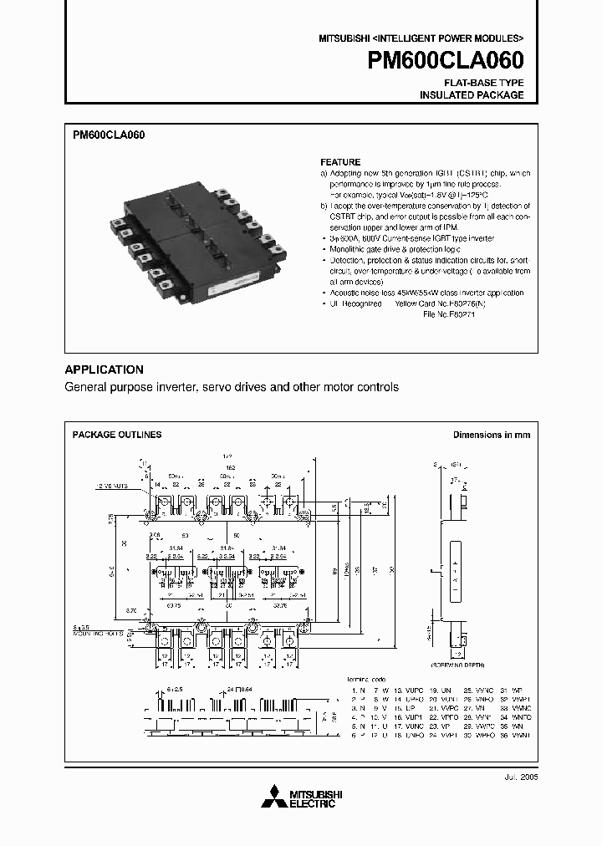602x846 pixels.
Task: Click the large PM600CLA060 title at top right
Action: tap(446, 60)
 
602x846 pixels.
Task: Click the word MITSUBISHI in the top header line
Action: tap(343, 39)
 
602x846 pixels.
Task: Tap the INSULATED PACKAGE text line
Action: tap(472, 95)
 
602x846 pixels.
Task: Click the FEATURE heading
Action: tap(340, 162)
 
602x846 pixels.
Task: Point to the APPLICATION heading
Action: tap(105, 369)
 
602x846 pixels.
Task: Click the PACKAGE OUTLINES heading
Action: tap(117, 435)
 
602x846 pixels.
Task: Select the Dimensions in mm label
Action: tap(492, 435)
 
